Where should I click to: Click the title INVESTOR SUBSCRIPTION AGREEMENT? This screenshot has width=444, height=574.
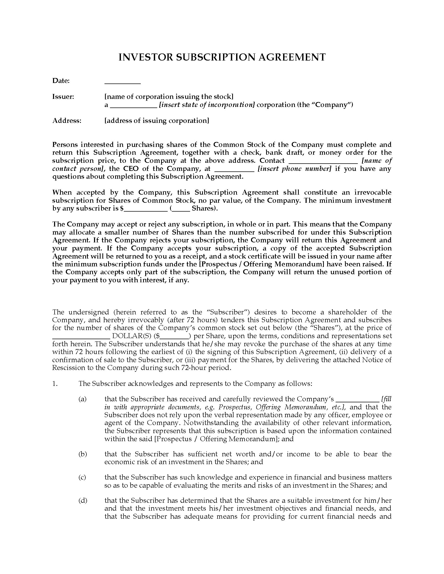[x=222, y=57]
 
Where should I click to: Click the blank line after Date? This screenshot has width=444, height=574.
[x=122, y=83]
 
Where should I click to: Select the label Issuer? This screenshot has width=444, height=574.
[x=63, y=97]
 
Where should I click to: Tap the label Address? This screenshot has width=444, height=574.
[x=67, y=121]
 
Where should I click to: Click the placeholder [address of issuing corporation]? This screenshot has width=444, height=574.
[x=157, y=121]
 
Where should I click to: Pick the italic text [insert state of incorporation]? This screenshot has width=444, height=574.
[x=207, y=105]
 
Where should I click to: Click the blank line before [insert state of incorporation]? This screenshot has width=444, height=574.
[x=133, y=107]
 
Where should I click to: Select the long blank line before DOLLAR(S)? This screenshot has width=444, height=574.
[x=81, y=338]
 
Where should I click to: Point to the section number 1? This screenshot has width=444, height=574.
[x=55, y=384]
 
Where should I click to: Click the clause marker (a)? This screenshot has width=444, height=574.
[x=82, y=399]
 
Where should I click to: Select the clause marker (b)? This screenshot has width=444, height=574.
[x=83, y=454]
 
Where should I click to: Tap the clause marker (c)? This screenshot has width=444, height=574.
[x=82, y=477]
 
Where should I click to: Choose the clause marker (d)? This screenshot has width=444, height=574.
[x=83, y=500]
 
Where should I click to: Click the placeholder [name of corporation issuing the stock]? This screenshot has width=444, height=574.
[x=169, y=97]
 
